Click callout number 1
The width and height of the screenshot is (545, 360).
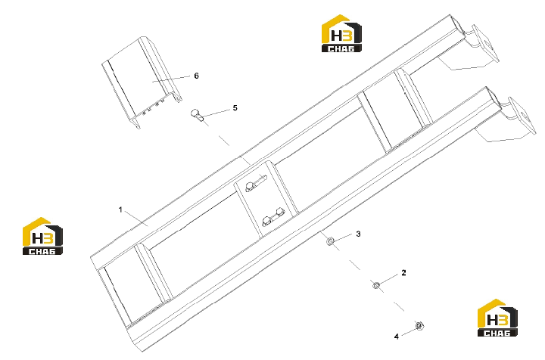pyautogui.click(x=120, y=209)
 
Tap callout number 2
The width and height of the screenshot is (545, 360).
pyautogui.click(x=403, y=273)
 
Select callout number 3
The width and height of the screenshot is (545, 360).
pyautogui.click(x=358, y=234)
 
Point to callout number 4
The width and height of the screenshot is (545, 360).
pyautogui.click(x=396, y=337)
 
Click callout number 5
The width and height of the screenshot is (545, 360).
pyautogui.click(x=235, y=108)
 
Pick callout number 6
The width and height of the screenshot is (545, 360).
pyautogui.click(x=196, y=76)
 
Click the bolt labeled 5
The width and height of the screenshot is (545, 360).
pyautogui.click(x=197, y=115)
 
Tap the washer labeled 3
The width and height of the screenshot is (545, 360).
pyautogui.click(x=330, y=241)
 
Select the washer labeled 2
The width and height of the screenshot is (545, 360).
pyautogui.click(x=375, y=285)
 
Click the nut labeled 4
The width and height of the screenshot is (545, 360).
pyautogui.click(x=419, y=326)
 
